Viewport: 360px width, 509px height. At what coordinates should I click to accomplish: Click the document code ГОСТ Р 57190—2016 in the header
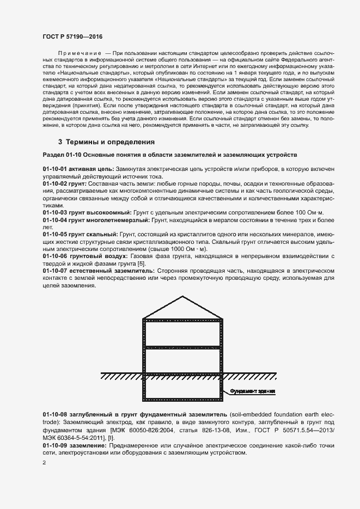coord(72,35)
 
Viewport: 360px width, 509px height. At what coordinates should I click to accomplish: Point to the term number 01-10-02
coord(54,185)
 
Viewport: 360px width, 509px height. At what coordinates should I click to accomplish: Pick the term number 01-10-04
coord(54,219)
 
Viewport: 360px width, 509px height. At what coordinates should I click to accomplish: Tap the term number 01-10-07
coord(54,271)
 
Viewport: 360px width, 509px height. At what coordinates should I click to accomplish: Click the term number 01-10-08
coord(54,415)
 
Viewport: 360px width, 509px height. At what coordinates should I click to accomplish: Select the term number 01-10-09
coord(54,445)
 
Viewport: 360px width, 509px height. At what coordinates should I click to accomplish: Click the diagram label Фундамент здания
coord(252,391)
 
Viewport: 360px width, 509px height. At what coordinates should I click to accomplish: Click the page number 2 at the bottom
coord(44,463)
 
